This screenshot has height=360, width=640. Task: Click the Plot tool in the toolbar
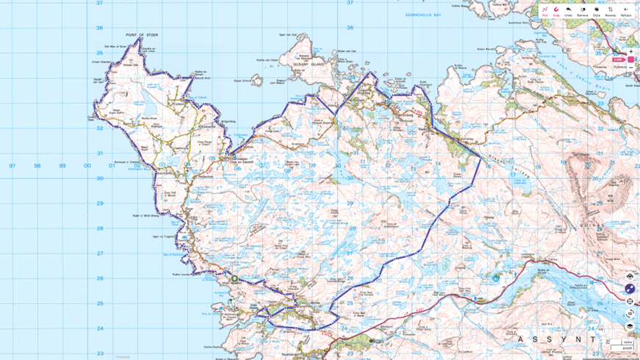click(x=544, y=10)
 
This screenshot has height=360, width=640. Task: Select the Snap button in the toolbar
click(x=556, y=10)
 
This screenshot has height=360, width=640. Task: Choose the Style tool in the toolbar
click(x=597, y=10)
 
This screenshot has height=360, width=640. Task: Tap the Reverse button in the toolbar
click(x=610, y=10)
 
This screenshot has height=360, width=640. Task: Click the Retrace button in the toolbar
click(x=626, y=10)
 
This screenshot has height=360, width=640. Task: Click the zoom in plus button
click(x=630, y=51)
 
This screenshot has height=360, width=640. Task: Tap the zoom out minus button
click(x=630, y=68)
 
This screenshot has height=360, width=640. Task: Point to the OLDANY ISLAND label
click(x=306, y=65)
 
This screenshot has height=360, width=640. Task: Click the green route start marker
click(x=234, y=278)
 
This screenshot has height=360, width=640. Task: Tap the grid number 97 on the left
click(x=12, y=165)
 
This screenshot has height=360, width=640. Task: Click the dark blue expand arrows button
click(x=630, y=289)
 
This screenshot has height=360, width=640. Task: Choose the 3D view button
click(x=630, y=314)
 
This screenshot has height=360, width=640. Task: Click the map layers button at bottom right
click(x=630, y=326)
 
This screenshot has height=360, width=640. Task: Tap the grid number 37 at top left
click(x=100, y=3)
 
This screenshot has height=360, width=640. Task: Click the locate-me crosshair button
click(x=630, y=301)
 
